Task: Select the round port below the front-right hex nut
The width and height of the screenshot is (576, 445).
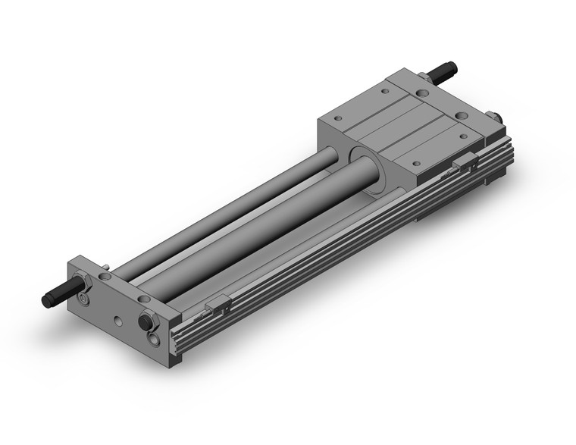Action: pos(154,339)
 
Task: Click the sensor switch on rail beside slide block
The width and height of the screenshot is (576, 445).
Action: pos(465,162)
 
